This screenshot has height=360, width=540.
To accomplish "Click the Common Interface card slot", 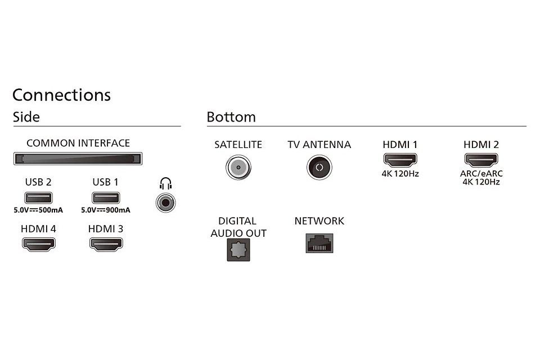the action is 78,159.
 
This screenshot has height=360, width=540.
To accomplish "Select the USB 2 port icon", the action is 38,198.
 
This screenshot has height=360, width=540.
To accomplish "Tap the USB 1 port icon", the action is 106,198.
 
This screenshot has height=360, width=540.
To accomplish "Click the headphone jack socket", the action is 165,202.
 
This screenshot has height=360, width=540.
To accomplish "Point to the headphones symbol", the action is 165,183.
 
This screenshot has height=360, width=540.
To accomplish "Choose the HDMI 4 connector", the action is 39,244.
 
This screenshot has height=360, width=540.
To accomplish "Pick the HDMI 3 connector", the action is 106,244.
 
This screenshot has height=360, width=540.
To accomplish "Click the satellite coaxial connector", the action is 238,168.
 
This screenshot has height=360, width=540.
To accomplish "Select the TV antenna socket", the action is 319,168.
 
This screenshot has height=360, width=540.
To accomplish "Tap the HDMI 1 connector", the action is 400,160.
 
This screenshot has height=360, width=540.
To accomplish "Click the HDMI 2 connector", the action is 481,160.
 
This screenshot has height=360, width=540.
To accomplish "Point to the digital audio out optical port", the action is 238,250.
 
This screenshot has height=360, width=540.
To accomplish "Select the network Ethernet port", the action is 319,243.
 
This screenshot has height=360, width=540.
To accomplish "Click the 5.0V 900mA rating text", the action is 106,210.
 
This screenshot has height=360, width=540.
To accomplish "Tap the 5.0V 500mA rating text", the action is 38,210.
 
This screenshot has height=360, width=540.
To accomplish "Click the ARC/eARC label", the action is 481,173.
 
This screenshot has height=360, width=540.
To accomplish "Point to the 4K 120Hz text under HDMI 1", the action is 400,174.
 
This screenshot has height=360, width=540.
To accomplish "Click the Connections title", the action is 62,95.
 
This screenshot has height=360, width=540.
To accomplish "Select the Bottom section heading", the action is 231,117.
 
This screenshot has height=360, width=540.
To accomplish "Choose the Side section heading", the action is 26,117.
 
